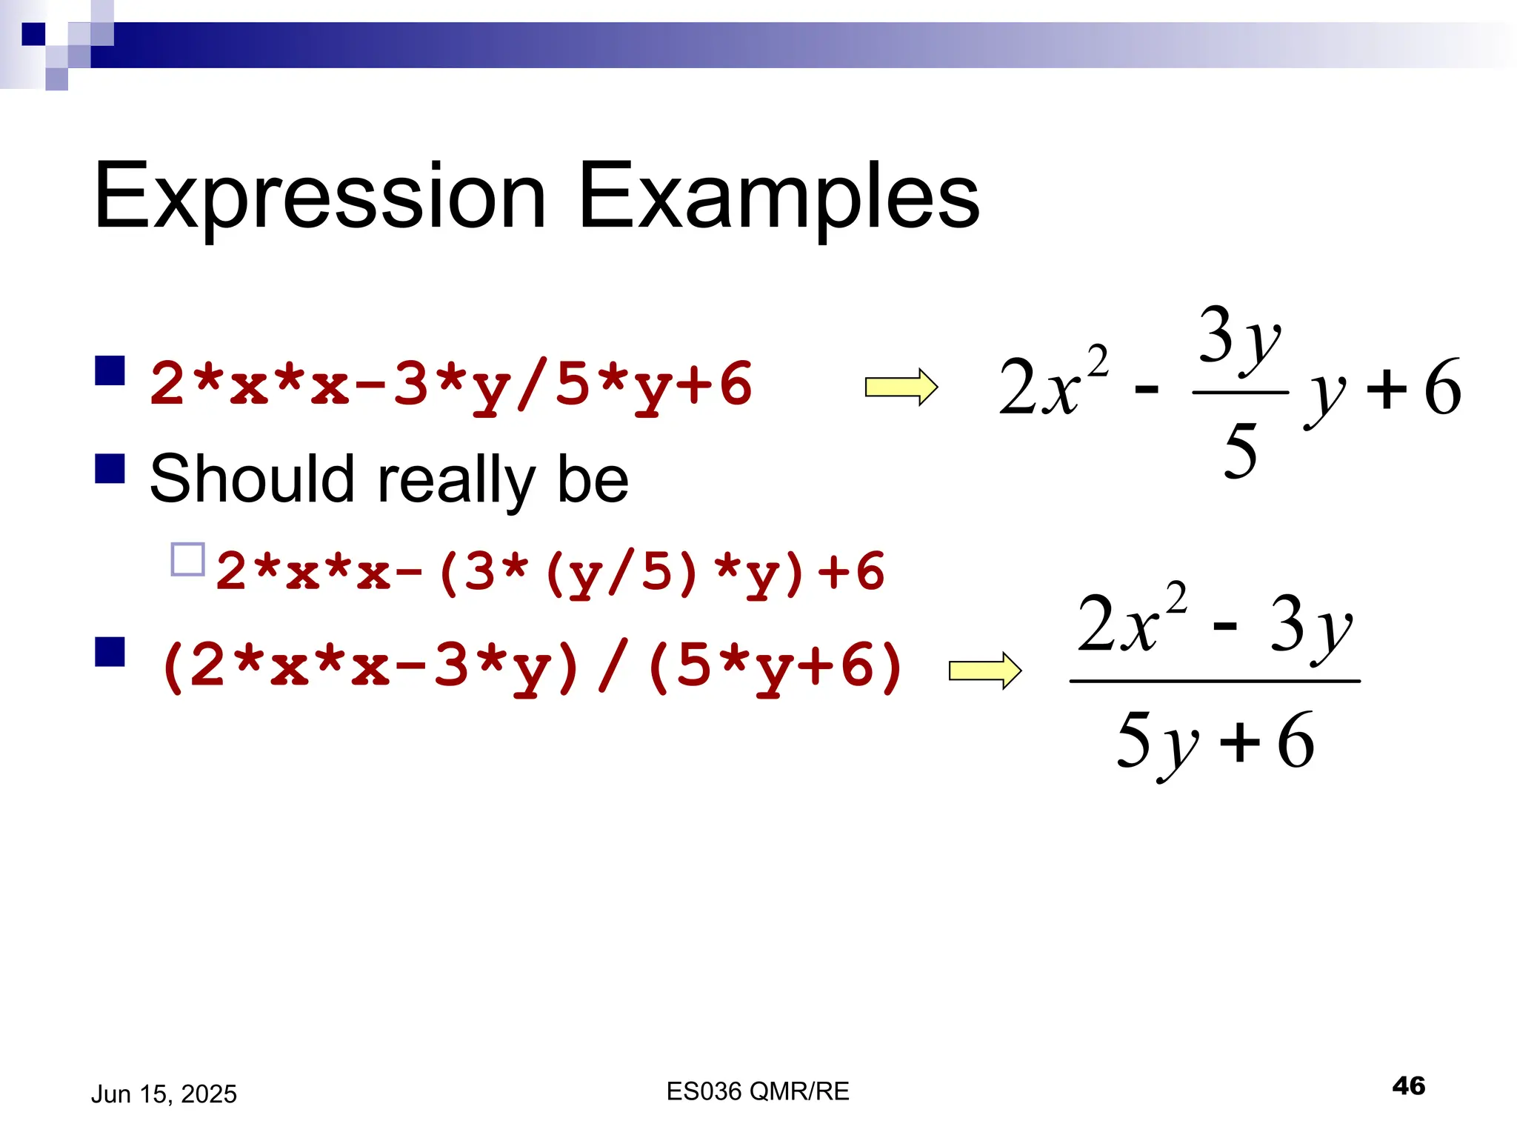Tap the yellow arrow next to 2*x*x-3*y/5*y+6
pos(901,387)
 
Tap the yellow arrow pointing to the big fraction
pos(984,671)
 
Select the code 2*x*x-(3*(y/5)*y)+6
pos(550,573)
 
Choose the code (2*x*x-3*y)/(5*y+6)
pos(531,666)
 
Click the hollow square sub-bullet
pos(187,560)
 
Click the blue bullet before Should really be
pos(110,468)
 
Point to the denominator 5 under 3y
pos(1241,450)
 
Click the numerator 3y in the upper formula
pos(1238,337)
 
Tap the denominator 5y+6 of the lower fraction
pos(1215,741)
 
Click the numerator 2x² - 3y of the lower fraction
pos(1215,624)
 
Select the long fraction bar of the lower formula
pos(1215,681)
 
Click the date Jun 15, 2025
pos(164,1094)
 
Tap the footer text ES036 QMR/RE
pos(758,1091)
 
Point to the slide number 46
pos(1408,1085)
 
